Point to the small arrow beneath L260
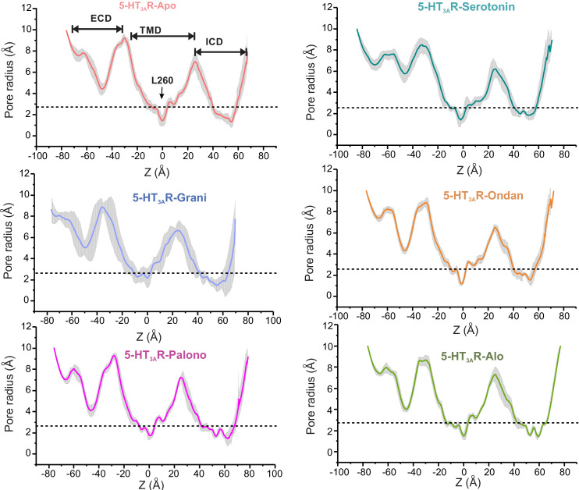(162, 94)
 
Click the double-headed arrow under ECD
(97, 29)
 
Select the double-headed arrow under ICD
(221, 52)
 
